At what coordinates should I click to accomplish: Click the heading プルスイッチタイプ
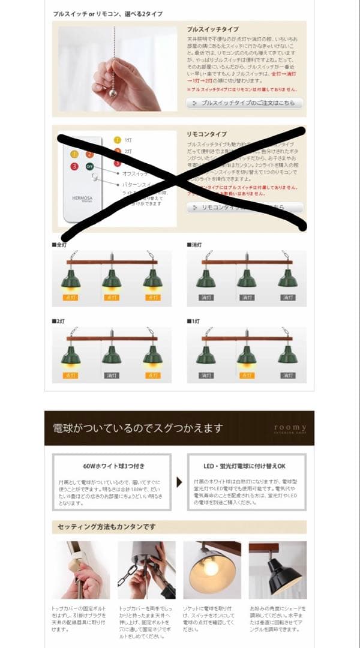[213, 29]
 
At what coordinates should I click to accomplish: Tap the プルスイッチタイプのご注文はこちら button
[244, 103]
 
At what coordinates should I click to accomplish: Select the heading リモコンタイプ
[206, 134]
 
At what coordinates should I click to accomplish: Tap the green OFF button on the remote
[89, 166]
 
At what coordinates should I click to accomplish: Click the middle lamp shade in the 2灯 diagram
[111, 356]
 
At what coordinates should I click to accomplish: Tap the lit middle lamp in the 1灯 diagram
[246, 356]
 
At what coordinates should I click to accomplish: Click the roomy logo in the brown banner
[290, 428]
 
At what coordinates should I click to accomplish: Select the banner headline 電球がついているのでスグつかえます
[138, 428]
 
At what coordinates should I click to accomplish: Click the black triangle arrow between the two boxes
[179, 482]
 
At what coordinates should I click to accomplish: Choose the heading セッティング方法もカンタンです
[107, 527]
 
